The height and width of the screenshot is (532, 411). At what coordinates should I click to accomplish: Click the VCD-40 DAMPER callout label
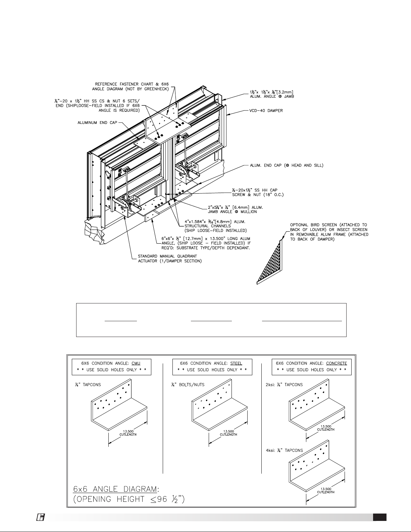click(266, 111)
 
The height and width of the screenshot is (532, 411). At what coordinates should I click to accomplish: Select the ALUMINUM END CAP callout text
click(97, 123)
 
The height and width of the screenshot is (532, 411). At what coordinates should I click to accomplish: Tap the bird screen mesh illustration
click(270, 262)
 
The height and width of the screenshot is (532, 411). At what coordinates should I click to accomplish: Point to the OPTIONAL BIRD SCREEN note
click(329, 232)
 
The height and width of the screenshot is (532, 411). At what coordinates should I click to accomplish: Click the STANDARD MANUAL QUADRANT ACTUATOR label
click(170, 258)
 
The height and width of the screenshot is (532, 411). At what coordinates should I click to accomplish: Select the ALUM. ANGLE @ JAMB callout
click(272, 94)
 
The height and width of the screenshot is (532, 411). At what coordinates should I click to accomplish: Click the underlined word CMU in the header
click(136, 363)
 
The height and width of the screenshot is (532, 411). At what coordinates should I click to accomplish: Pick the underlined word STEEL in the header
click(236, 363)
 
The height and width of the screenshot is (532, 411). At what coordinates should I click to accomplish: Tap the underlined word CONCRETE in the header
click(337, 363)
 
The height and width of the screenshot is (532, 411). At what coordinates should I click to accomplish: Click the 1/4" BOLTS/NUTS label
click(188, 385)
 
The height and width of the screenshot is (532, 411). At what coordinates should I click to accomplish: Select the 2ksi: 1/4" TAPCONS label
click(284, 385)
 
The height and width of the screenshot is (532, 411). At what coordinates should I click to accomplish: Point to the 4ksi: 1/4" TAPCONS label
click(284, 450)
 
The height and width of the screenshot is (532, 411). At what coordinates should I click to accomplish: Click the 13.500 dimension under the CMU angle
click(128, 431)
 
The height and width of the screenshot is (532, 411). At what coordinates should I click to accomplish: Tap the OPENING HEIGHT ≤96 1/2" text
click(129, 499)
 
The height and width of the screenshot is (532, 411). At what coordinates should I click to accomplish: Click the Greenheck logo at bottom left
click(40, 517)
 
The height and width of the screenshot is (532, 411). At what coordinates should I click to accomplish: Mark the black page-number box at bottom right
click(380, 517)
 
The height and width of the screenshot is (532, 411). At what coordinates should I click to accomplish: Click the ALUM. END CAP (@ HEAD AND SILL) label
click(287, 165)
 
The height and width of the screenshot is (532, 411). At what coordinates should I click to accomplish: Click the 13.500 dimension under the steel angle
click(228, 431)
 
